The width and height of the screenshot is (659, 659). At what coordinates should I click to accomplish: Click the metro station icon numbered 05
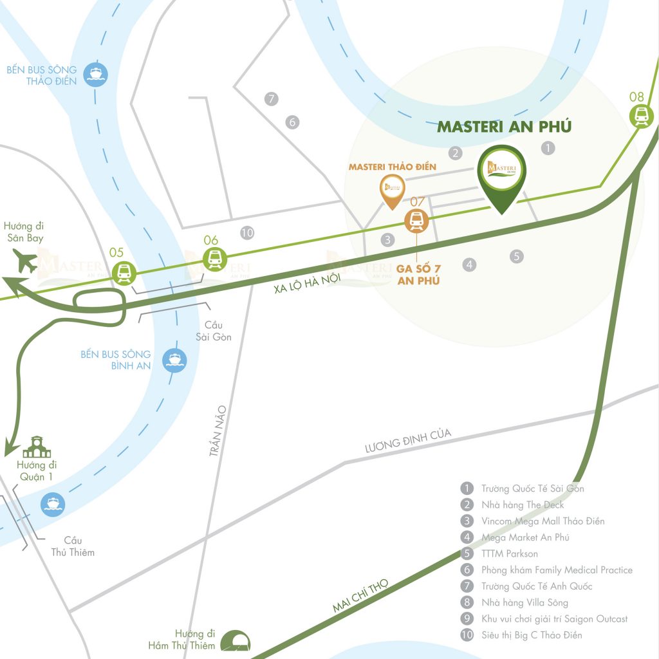click(x=123, y=273)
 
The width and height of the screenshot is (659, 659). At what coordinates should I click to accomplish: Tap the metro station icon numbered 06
click(x=213, y=259)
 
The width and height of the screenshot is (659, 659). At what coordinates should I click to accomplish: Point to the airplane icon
click(x=25, y=263)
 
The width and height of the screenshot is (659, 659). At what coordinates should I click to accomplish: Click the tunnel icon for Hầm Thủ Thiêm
click(x=236, y=641)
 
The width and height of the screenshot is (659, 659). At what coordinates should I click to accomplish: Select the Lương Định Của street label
click(x=407, y=441)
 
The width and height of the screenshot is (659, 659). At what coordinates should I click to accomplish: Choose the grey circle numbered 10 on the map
click(x=246, y=233)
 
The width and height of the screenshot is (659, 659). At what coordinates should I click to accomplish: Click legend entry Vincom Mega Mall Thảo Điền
click(x=543, y=521)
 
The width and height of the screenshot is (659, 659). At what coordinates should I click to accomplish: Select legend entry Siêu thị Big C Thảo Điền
click(x=532, y=635)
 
